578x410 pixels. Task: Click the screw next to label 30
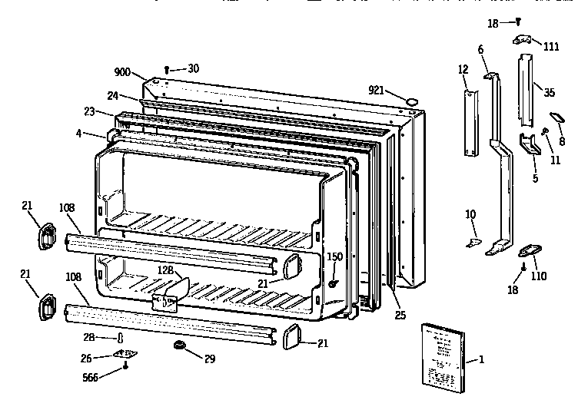tap(170, 69)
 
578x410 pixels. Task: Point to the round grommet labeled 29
tap(181, 348)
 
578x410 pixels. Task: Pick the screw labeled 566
tap(125, 370)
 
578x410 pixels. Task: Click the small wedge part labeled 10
tap(473, 242)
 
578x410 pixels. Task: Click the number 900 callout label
tap(122, 71)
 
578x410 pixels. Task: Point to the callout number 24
tap(112, 96)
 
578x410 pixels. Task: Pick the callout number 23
tap(89, 111)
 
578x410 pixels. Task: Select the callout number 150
tap(334, 256)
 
